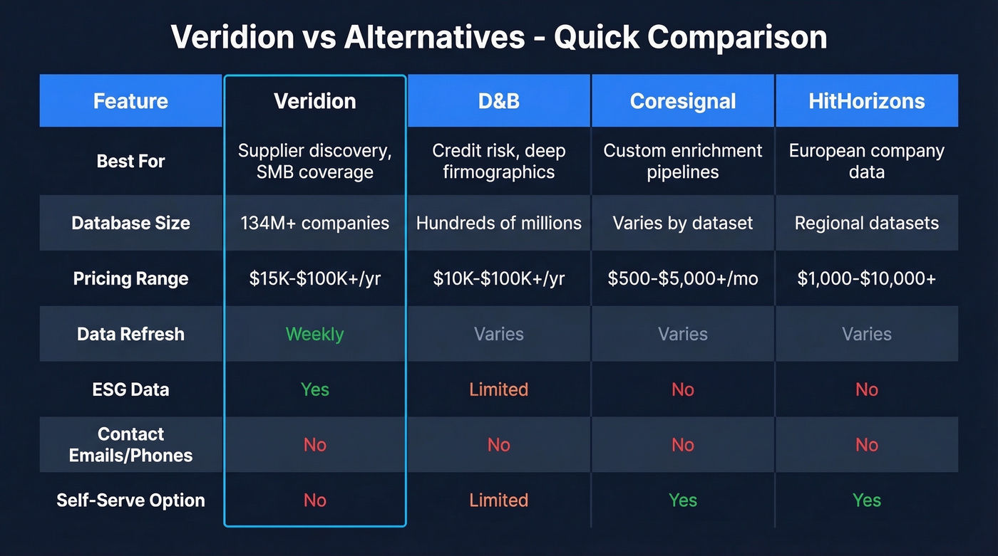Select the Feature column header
[130, 101]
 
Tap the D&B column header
[498, 101]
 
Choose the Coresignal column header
[682, 101]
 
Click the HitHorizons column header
[866, 101]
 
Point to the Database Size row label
[130, 223]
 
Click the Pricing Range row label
[130, 278]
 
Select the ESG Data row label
[130, 389]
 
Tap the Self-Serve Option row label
[130, 500]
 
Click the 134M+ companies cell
[314, 223]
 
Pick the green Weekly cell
[314, 334]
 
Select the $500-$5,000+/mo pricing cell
[682, 278]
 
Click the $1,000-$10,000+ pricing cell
[866, 278]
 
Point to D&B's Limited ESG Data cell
[498, 389]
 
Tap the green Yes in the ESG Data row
[314, 389]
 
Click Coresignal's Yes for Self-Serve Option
[682, 500]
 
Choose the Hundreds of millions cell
[498, 223]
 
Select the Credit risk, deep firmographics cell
[498, 162]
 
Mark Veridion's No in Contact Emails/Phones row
[314, 445]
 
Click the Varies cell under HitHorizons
[866, 334]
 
